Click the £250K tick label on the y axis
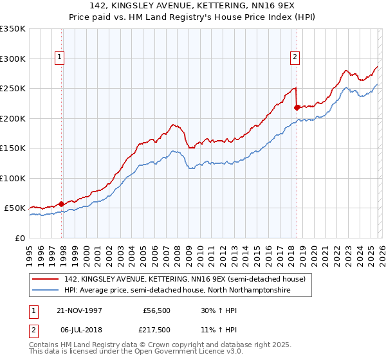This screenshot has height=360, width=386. (x=12, y=89)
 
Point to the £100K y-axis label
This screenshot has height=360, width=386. (x=12, y=178)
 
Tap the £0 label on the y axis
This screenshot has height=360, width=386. (x=20, y=238)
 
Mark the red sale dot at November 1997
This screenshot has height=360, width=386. (x=62, y=204)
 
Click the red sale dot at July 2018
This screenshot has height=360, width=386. (x=297, y=107)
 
